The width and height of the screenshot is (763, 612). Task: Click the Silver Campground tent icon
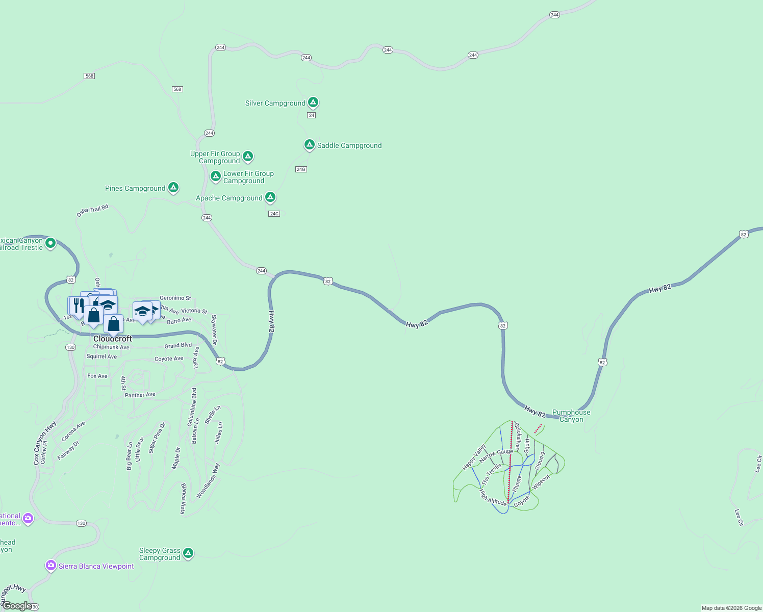[x=313, y=103]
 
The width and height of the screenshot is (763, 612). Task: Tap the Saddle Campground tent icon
[x=309, y=145]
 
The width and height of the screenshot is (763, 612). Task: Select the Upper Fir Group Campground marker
[x=248, y=156]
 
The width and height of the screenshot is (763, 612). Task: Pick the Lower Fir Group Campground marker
[x=216, y=176]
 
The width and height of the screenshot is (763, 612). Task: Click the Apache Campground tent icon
[x=270, y=197]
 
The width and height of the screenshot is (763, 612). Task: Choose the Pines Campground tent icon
[x=173, y=188]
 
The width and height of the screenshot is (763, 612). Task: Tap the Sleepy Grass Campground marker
[x=188, y=553]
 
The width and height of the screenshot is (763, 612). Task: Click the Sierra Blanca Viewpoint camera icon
[x=50, y=565]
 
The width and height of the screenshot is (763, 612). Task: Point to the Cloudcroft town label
[x=113, y=339]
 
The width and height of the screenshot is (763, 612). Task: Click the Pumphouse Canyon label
[x=571, y=416]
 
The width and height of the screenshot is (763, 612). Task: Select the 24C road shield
[x=274, y=214]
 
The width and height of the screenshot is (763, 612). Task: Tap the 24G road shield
[x=301, y=169]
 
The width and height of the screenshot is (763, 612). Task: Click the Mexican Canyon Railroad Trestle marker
[x=50, y=243]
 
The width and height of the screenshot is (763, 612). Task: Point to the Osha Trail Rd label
[x=92, y=211]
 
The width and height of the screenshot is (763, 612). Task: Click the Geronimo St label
[x=175, y=298]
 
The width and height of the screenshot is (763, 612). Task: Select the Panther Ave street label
[x=140, y=395]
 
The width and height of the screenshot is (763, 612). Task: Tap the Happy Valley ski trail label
[x=474, y=457]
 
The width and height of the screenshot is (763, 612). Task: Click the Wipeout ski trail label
[x=541, y=482]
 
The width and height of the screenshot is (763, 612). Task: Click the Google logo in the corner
[x=17, y=605]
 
